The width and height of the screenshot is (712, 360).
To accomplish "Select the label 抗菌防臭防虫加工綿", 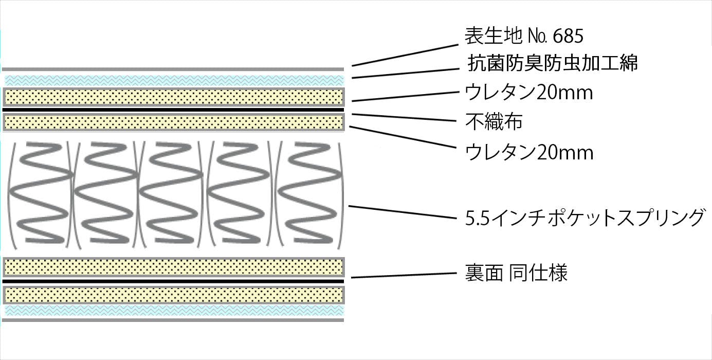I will click(553, 63).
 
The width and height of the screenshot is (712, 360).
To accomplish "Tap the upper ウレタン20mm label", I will click(529, 93).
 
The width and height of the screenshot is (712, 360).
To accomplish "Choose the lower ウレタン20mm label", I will click(529, 152).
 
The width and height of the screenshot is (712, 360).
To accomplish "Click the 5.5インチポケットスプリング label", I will click(583, 218).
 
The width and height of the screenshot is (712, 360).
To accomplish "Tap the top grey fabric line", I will click(173, 69).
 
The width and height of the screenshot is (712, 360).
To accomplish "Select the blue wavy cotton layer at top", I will click(174, 80).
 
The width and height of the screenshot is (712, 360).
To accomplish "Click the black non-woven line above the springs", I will click(173, 110).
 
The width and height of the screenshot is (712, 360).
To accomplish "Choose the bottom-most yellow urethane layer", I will click(174, 295).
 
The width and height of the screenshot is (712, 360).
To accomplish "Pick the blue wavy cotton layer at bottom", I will click(174, 310).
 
